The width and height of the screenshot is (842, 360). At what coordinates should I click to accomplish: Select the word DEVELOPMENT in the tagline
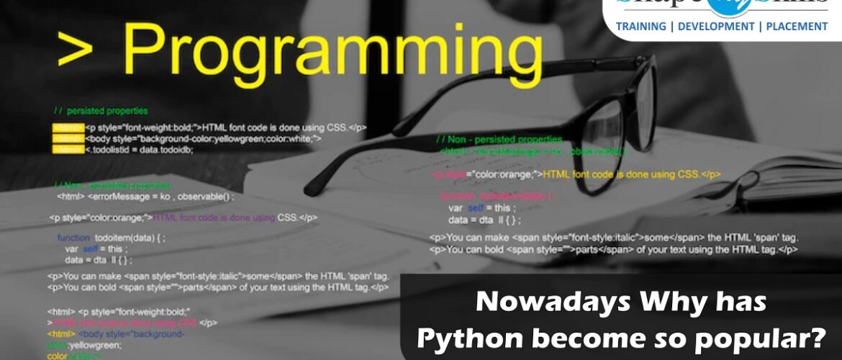click(x=712, y=27)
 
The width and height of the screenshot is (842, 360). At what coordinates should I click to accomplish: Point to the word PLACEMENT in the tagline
click(x=795, y=27)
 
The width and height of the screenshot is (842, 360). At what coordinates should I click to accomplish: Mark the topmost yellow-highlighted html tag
click(x=68, y=127)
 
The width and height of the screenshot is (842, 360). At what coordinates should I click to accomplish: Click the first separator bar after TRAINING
click(x=670, y=27)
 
